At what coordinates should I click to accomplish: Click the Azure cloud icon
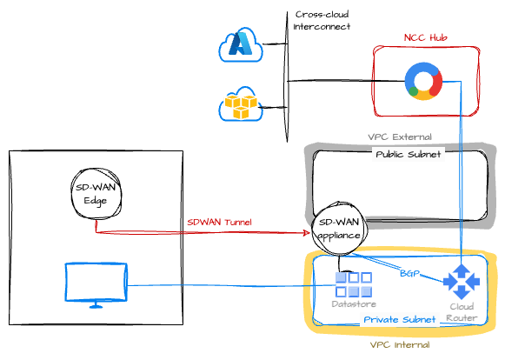241,45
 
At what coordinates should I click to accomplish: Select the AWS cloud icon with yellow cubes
241,103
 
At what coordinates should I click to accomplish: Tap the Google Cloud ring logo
423,81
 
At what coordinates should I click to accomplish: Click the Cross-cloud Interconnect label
322,20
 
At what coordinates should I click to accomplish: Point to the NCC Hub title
425,37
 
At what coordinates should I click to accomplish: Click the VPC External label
400,137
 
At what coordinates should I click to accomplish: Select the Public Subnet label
408,155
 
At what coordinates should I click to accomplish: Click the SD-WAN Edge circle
96,193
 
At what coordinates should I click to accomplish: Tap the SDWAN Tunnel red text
219,222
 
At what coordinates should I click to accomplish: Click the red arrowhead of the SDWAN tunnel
306,233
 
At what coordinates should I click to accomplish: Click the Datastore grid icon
354,284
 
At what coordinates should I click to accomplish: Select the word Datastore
354,304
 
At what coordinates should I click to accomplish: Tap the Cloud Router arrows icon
462,282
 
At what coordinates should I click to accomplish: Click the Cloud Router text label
462,312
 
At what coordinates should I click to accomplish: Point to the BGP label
409,274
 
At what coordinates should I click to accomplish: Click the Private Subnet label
399,319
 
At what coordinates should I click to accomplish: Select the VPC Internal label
400,345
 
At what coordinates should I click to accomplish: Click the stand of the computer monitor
96,305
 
